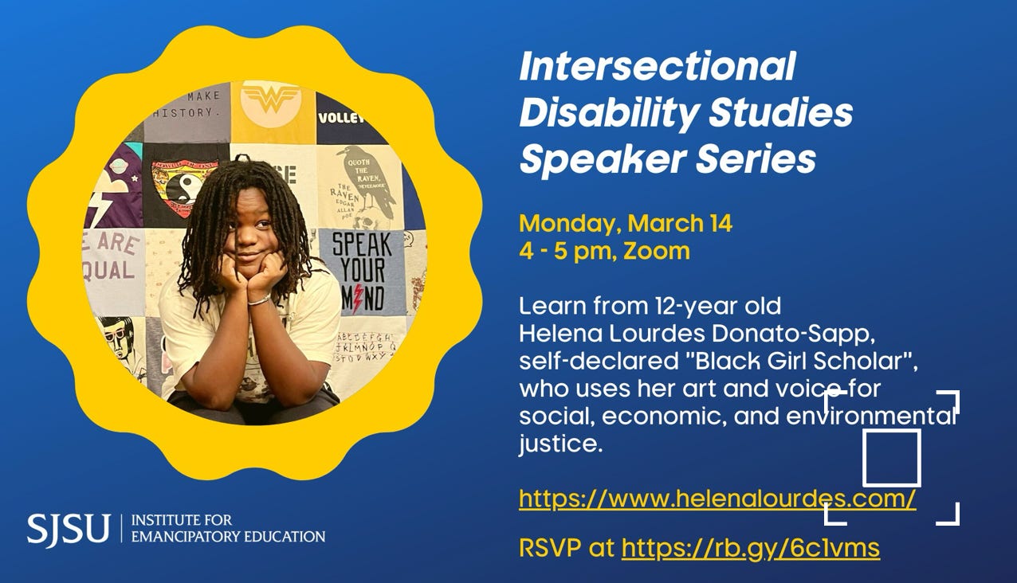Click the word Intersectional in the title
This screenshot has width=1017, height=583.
click(657, 67)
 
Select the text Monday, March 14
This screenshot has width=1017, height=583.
click(626, 224)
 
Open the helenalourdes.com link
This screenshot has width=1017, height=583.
click(717, 499)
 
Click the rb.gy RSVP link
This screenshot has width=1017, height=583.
click(751, 548)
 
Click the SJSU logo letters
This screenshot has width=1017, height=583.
click(68, 528)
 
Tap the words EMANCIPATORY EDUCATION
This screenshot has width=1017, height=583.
click(228, 536)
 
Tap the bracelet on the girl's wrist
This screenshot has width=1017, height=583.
click(259, 300)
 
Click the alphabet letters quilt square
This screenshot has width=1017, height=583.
click(364, 347)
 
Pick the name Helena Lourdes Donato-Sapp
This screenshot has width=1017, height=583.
click(697, 335)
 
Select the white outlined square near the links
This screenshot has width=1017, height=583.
click(892, 458)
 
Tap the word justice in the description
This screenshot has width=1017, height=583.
click(561, 444)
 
